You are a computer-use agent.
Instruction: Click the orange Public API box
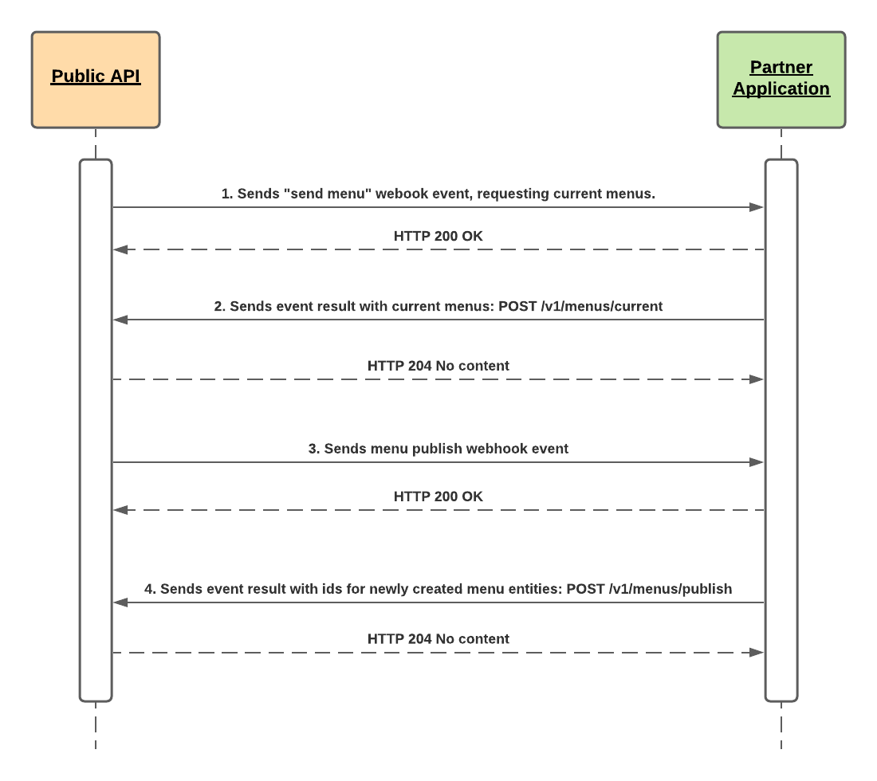pyautogui.click(x=96, y=80)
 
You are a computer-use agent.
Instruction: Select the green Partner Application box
pyautogui.click(x=781, y=80)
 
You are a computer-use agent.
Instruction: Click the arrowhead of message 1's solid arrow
pyautogui.click(x=757, y=207)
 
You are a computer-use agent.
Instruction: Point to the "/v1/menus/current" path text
pyautogui.click(x=602, y=306)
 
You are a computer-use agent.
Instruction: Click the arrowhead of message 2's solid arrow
pyautogui.click(x=121, y=320)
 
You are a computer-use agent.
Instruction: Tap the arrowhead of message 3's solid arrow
pyautogui.click(x=757, y=462)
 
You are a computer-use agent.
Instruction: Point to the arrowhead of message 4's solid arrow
pyautogui.click(x=121, y=602)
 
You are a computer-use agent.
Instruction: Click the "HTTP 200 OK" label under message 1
pyautogui.click(x=438, y=236)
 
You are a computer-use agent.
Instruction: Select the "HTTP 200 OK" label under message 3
pyautogui.click(x=438, y=496)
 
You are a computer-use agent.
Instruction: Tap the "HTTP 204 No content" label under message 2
pyautogui.click(x=438, y=366)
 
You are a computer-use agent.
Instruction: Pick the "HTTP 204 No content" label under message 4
pyautogui.click(x=438, y=639)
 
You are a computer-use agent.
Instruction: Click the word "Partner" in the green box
pyautogui.click(x=781, y=67)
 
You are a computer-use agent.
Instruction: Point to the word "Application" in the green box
pyautogui.click(x=781, y=89)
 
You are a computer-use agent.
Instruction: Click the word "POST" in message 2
pyautogui.click(x=517, y=306)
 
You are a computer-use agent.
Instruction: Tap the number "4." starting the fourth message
pyautogui.click(x=150, y=589)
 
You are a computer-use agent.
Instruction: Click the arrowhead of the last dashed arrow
pyautogui.click(x=757, y=653)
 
